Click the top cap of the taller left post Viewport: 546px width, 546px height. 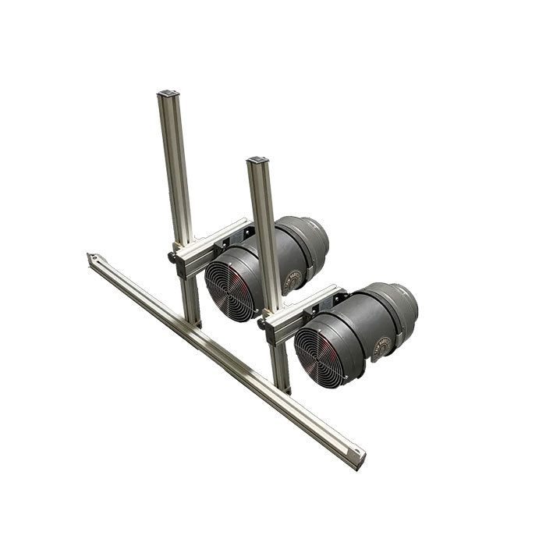[x=167, y=94]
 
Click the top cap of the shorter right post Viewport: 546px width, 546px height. [x=257, y=161]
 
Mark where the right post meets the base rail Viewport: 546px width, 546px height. [x=281, y=387]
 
